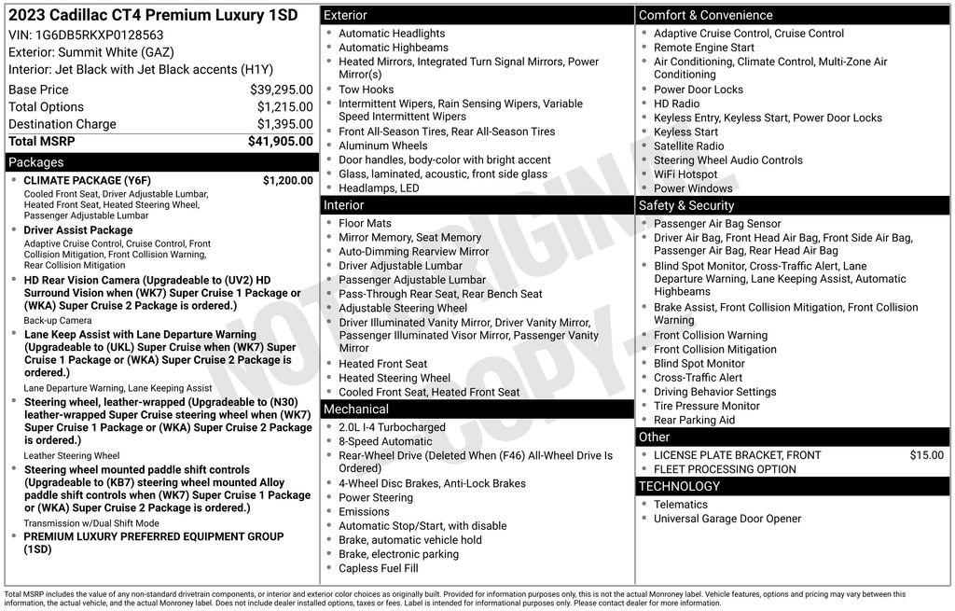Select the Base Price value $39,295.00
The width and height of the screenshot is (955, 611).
pos(281,90)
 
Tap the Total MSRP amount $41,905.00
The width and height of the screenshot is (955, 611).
pos(280,142)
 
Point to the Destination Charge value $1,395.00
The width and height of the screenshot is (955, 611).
pos(284,124)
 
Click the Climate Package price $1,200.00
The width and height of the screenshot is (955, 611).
pos(287,180)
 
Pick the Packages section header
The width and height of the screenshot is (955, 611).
pos(36,162)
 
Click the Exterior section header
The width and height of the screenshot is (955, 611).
pos(345,15)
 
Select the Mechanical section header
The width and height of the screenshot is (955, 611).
pos(356,409)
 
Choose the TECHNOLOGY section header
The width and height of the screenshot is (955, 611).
pos(679,486)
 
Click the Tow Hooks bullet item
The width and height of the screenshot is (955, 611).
pos(366,90)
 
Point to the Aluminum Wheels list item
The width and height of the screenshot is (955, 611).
pos(382,146)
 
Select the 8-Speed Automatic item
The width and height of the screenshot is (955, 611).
pos(385,441)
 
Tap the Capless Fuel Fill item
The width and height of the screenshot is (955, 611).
pos(378,568)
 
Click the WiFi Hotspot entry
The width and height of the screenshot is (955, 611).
pos(685,174)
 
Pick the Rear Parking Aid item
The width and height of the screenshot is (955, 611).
pos(694,420)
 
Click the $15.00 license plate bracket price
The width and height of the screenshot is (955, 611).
pos(926,455)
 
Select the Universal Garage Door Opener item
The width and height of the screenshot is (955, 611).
pos(727,519)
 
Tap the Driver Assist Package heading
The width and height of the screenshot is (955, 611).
pos(78,230)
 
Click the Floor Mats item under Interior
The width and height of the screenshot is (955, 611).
pos(366,224)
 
